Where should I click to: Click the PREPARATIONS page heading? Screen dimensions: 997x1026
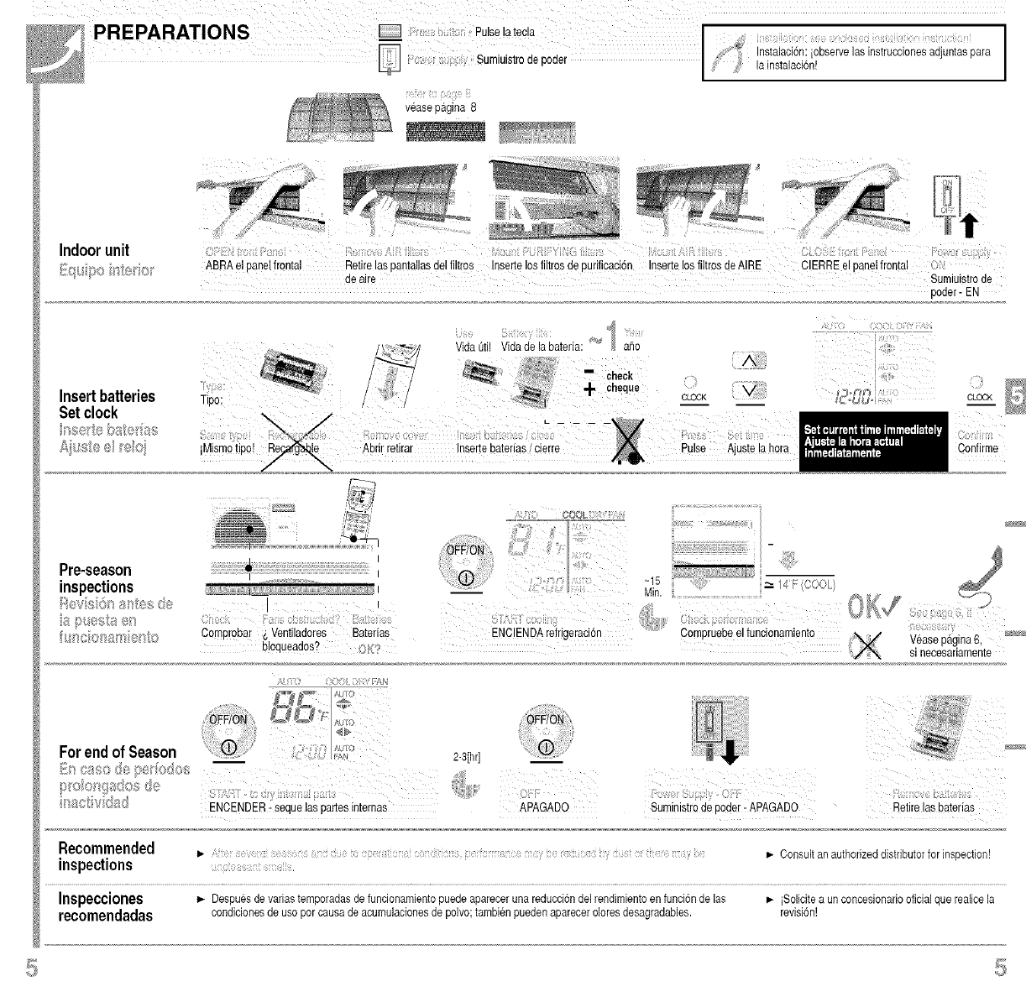click(x=171, y=33)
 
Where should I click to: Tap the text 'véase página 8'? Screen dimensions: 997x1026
click(x=440, y=107)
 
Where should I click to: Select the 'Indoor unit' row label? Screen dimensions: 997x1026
click(x=94, y=250)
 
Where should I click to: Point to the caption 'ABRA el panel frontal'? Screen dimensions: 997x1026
click(x=253, y=266)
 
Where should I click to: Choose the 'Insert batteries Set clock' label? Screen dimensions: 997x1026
click(x=107, y=404)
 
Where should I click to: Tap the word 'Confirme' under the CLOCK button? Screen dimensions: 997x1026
click(x=977, y=448)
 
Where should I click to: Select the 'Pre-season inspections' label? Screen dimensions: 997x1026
click(x=97, y=578)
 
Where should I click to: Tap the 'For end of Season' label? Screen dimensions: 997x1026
click(x=118, y=751)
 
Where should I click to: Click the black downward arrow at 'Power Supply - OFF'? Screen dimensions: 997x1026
click(x=729, y=754)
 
